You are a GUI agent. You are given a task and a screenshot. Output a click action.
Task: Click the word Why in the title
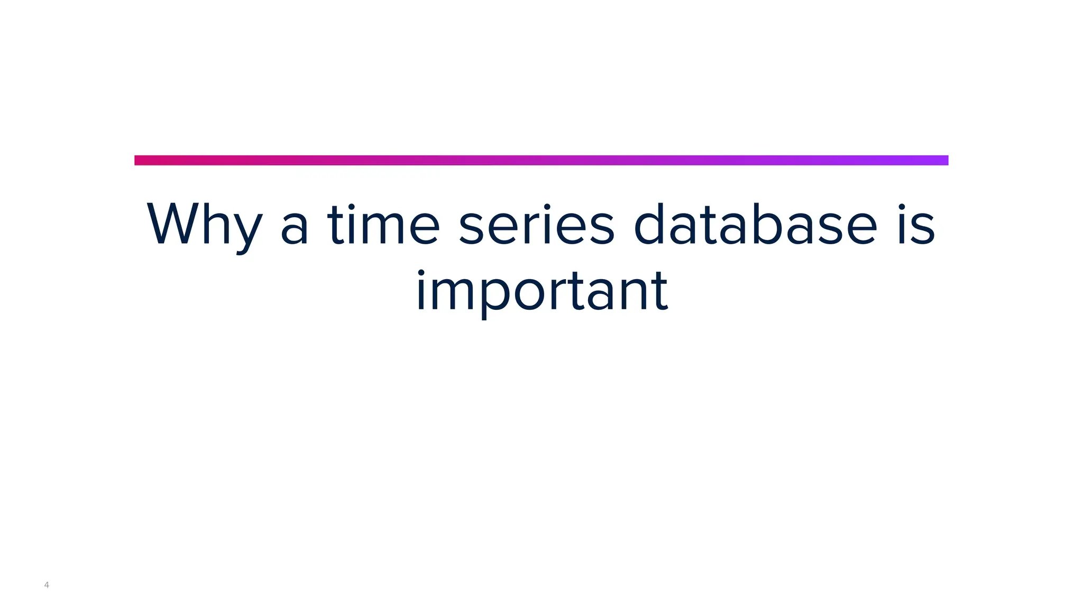click(x=204, y=225)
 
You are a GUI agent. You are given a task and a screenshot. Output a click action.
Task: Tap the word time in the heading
click(x=383, y=225)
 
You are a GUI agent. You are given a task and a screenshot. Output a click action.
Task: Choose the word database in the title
click(x=755, y=225)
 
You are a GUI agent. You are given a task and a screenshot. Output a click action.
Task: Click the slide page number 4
click(x=47, y=585)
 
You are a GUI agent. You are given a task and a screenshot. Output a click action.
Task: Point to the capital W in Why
click(x=175, y=224)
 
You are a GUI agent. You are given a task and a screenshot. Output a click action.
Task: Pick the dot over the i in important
click(x=421, y=273)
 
